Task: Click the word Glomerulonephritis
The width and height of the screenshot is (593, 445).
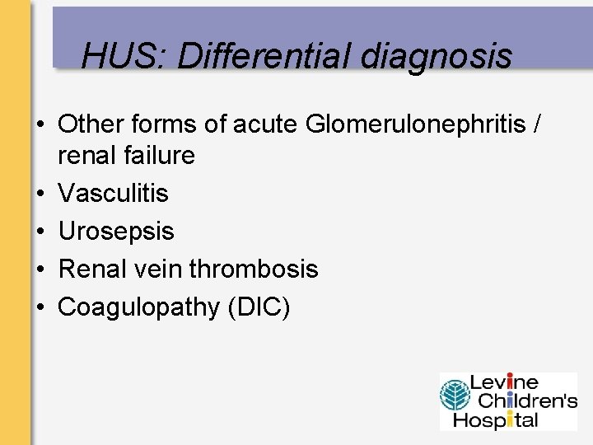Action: coord(416,125)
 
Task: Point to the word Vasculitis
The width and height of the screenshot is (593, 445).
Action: coord(114,194)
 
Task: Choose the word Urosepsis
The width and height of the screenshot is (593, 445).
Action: coord(116,232)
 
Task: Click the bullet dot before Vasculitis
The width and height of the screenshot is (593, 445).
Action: coord(40,194)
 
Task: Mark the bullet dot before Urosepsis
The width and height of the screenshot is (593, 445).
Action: coord(40,232)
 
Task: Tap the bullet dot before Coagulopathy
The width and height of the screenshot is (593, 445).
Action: coord(40,307)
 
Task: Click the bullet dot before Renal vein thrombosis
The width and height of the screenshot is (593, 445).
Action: coord(40,269)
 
